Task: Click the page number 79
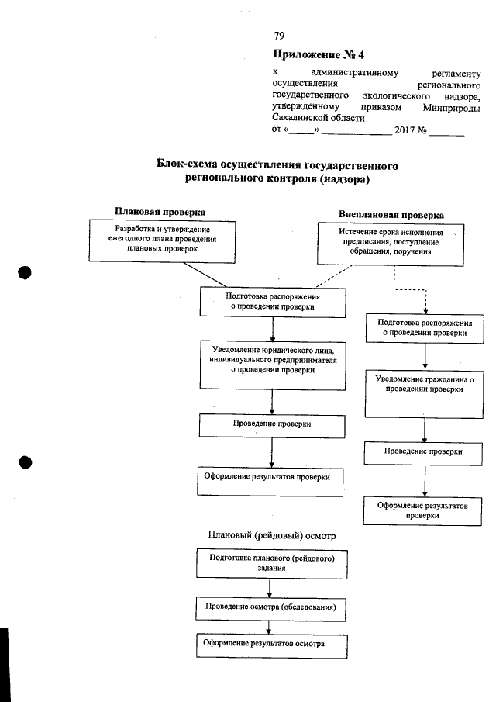[279, 36]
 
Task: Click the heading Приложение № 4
[318, 55]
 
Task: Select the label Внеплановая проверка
[391, 214]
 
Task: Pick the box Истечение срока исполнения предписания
[390, 243]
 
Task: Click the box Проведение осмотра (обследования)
[270, 607]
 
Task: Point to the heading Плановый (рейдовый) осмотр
[271, 535]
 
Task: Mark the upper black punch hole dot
[26, 275]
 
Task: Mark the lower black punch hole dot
[26, 462]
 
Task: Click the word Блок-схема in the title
[189, 165]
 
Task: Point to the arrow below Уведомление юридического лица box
[271, 401]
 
